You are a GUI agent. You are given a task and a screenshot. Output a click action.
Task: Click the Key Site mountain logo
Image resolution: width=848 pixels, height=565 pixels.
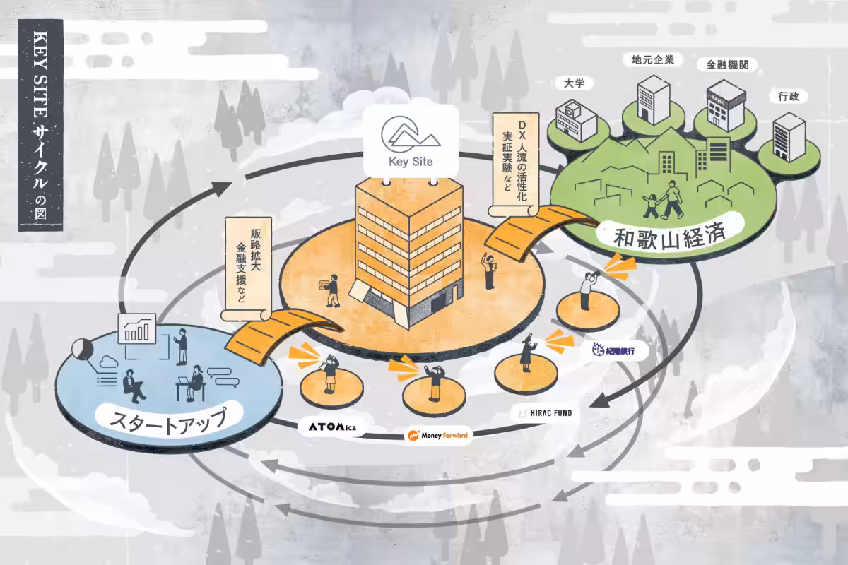pos(411,134)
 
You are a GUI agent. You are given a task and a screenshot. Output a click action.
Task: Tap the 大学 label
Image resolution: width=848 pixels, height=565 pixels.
pos(574,83)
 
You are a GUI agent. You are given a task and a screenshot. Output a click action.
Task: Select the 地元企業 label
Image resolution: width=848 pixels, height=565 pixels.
pos(653,59)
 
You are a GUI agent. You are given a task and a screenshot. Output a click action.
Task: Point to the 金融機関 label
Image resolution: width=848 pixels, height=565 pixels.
pos(727,65)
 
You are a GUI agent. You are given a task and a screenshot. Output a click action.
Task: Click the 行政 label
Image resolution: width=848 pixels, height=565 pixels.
pos(789,97)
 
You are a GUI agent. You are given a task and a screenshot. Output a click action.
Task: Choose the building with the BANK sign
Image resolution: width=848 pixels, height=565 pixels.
pos(726,105)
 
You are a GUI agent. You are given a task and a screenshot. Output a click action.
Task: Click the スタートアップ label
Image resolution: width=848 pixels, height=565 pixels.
pos(168,419)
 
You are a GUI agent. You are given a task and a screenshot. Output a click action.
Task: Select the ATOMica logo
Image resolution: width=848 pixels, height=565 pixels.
pos(332,427)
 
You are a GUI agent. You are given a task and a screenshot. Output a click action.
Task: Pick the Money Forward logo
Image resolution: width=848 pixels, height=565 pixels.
pos(437,435)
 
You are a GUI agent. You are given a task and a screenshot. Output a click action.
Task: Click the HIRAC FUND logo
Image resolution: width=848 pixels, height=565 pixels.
pos(546,413)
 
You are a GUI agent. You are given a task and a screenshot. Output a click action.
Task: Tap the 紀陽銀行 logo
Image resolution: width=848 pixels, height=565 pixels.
pos(613,350)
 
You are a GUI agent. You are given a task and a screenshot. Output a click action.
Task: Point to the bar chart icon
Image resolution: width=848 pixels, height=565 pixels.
pos(137,328)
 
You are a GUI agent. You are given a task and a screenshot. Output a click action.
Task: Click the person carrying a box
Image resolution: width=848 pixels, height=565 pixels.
pos(330,290)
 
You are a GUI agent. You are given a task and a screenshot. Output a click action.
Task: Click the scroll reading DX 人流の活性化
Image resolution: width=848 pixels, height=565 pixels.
pos(515,165)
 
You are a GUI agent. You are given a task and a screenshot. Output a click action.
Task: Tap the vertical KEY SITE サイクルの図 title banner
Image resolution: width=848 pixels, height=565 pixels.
pos(40,125)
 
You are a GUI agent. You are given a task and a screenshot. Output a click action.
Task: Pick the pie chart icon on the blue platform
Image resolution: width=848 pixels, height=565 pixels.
pos(83,349)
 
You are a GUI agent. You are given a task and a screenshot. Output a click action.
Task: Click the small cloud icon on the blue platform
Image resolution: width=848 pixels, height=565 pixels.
pos(109,362)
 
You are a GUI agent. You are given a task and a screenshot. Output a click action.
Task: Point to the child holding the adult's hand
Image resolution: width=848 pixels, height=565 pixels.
pos(651,206)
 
